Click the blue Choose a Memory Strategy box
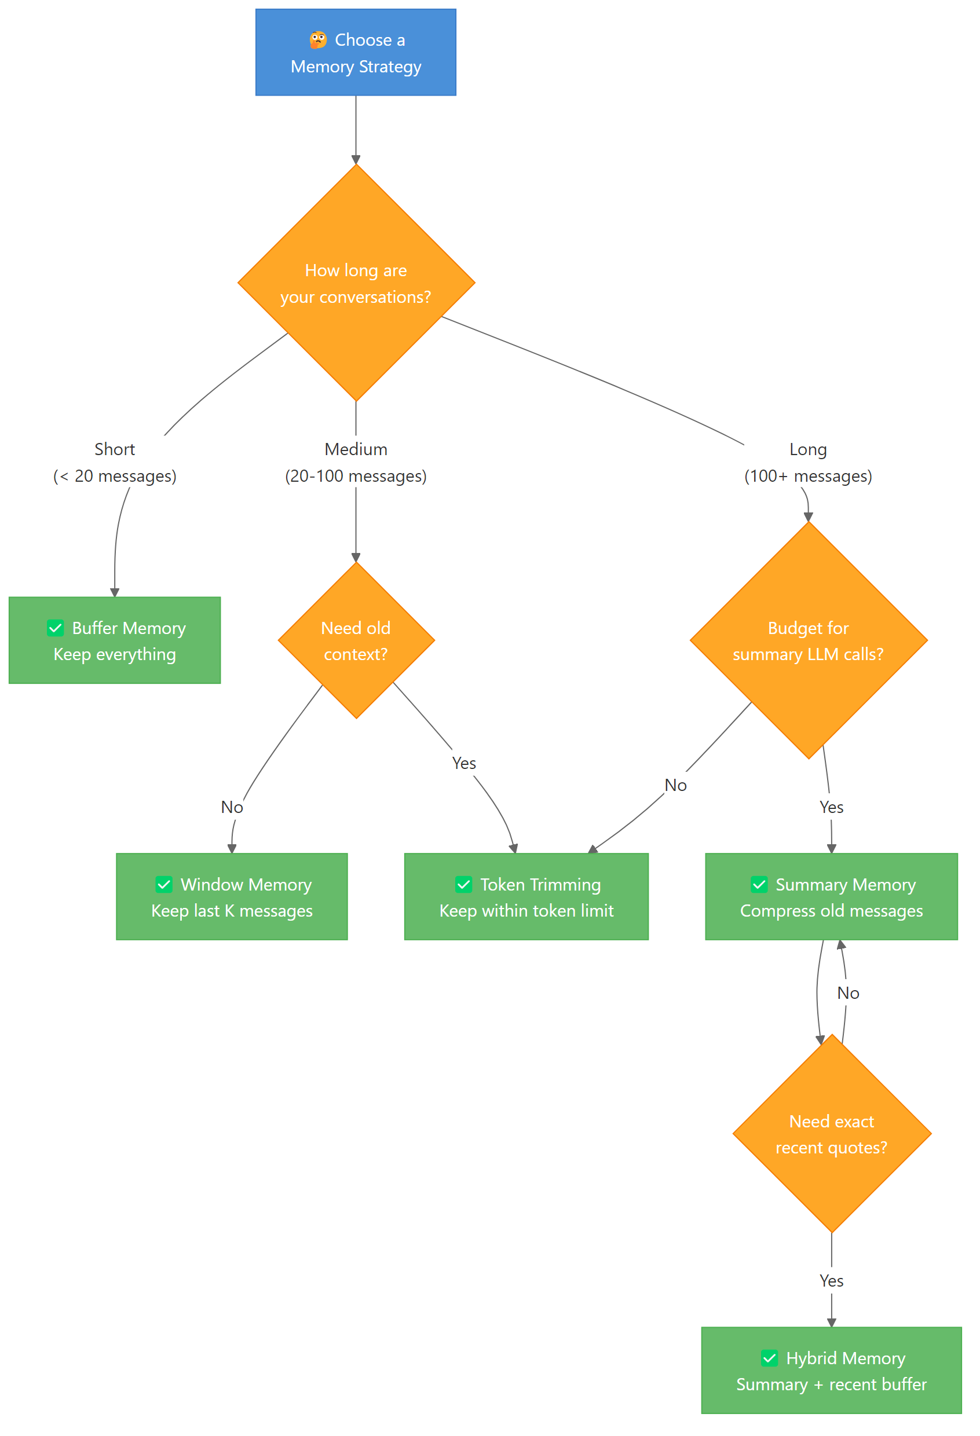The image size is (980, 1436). pyautogui.click(x=355, y=53)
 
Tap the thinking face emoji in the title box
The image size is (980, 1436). pyautogui.click(x=317, y=40)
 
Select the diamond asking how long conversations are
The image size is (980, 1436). pyautogui.click(x=355, y=283)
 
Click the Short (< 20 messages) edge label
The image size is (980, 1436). pyautogui.click(x=115, y=462)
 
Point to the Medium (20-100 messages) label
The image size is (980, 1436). pyautogui.click(x=355, y=462)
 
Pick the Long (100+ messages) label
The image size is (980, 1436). pyautogui.click(x=807, y=462)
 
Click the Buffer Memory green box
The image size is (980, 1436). pyautogui.click(x=115, y=640)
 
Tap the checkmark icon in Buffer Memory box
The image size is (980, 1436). pyautogui.click(x=56, y=628)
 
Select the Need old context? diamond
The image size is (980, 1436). pyautogui.click(x=355, y=640)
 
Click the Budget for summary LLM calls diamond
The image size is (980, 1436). pyautogui.click(x=807, y=640)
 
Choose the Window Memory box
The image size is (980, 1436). pyautogui.click(x=232, y=896)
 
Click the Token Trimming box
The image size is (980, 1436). pyautogui.click(x=526, y=896)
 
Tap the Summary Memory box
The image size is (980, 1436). pyautogui.click(x=831, y=896)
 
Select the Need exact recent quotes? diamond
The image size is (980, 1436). pyautogui.click(x=831, y=1134)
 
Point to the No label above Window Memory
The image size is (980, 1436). pyautogui.click(x=232, y=807)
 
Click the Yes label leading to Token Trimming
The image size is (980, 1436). pyautogui.click(x=463, y=763)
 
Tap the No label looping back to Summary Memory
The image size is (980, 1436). pyautogui.click(x=848, y=993)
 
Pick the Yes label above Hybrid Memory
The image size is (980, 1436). pyautogui.click(x=831, y=1281)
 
